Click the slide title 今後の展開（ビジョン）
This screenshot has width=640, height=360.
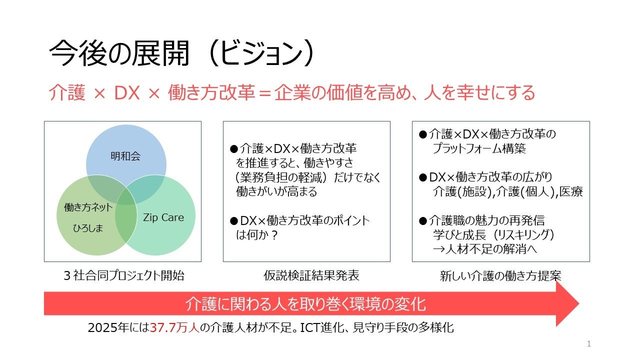click(x=183, y=54)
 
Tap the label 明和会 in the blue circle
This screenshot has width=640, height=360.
click(x=125, y=156)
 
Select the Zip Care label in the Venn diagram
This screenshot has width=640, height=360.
click(x=163, y=217)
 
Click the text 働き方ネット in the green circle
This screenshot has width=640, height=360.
click(x=88, y=207)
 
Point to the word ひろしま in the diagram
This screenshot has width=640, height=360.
click(x=88, y=228)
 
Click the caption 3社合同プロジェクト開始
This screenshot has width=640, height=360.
click(x=123, y=275)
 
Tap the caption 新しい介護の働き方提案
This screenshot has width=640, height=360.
click(x=500, y=275)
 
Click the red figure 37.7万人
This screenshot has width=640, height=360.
click(x=174, y=328)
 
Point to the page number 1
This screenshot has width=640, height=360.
click(x=588, y=343)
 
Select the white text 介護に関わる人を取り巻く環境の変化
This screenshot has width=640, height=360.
click(x=305, y=303)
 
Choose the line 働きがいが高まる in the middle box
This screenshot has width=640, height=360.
click(x=276, y=191)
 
